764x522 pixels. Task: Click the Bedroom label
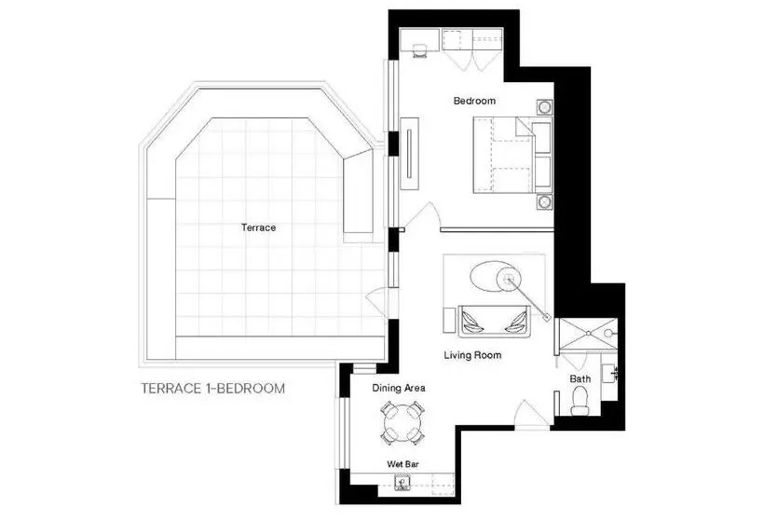coord(474,101)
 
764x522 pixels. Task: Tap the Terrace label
coord(258,227)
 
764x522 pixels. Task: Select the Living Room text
coord(472,355)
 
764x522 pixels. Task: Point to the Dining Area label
coord(399,388)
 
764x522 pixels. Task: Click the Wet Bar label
coord(402,464)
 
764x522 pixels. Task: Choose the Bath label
coord(580,378)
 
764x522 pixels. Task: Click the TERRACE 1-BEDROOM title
coord(213,389)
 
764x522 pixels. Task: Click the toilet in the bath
coord(580,400)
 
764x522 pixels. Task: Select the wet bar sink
coord(402,483)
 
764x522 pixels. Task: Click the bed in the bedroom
coord(512,155)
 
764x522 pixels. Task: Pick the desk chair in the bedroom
coord(420,50)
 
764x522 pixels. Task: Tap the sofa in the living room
coord(494,322)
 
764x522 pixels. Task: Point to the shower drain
coord(588,334)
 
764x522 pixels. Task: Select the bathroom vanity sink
coord(610,375)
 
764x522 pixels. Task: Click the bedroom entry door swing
coord(423,215)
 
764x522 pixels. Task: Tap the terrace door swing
coord(376,302)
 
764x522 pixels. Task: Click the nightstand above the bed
coord(545,106)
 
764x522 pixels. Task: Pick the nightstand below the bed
coord(545,201)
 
